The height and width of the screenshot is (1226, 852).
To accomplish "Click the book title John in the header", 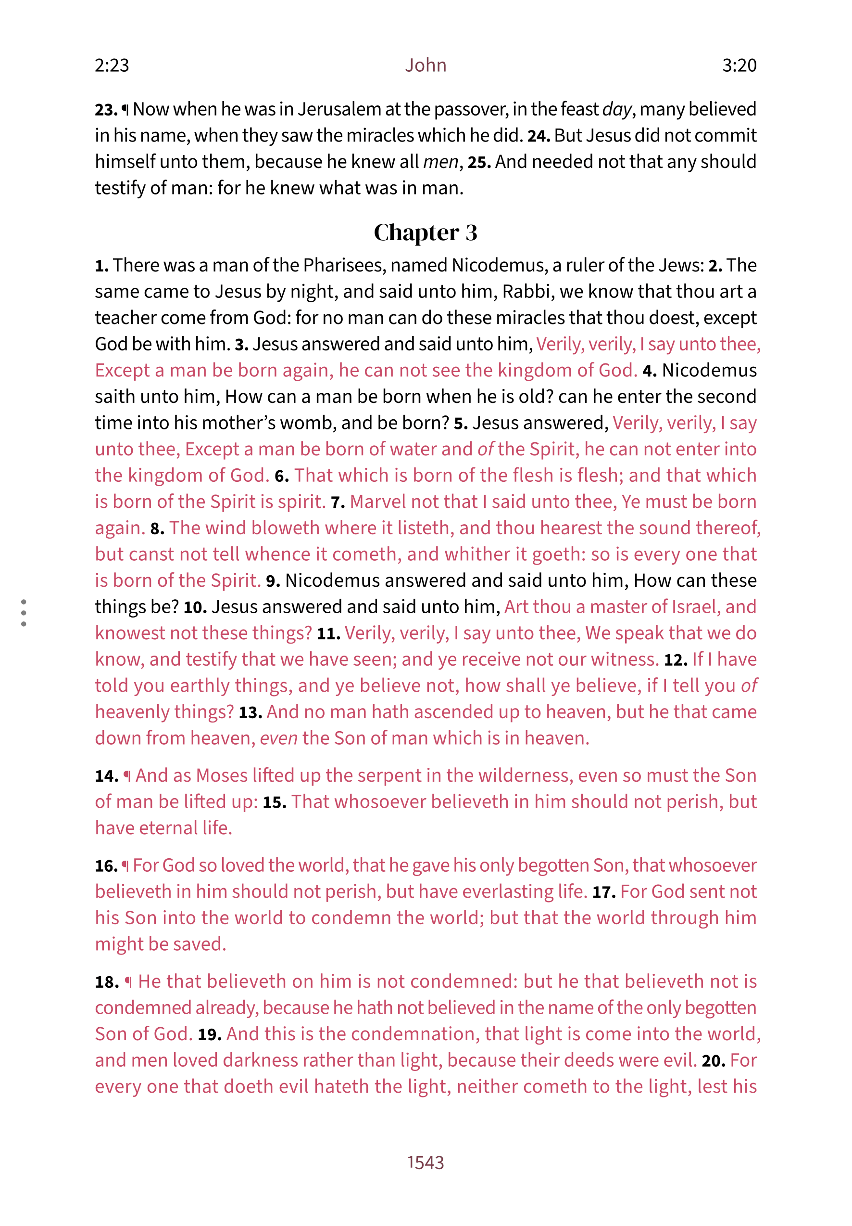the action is (425, 65).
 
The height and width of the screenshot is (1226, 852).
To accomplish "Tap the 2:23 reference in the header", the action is (112, 65).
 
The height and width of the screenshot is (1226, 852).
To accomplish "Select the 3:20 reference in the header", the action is (739, 65).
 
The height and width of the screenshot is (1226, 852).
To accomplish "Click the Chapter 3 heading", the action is (425, 232).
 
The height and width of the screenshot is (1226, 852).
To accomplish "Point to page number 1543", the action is (425, 1162).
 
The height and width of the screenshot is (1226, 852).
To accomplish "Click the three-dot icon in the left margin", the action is (24, 612).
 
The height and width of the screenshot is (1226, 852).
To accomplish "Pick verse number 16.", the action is (106, 865).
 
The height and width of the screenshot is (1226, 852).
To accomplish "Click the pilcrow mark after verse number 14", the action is (127, 776).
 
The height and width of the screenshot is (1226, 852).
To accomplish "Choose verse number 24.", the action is (539, 136).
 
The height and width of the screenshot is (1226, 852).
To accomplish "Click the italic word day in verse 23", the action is (617, 109).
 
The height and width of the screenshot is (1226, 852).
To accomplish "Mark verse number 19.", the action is (209, 1034).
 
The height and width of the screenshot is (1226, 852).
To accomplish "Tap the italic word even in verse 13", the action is (278, 738).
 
